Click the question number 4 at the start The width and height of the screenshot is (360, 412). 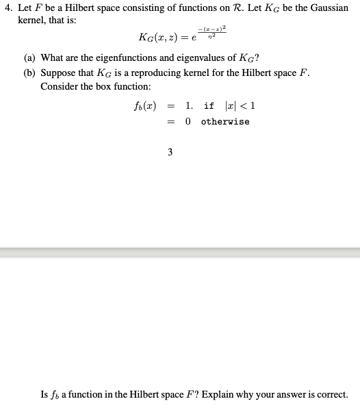tap(7, 8)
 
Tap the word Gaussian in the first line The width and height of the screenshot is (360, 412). tap(329, 8)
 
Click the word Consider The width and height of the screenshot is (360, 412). tap(60, 87)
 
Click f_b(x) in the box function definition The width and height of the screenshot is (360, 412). tap(145, 105)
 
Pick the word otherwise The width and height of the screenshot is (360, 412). tap(225, 121)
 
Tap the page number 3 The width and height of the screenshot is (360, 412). tap(169, 152)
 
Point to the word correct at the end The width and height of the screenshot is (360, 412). tap(331, 394)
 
